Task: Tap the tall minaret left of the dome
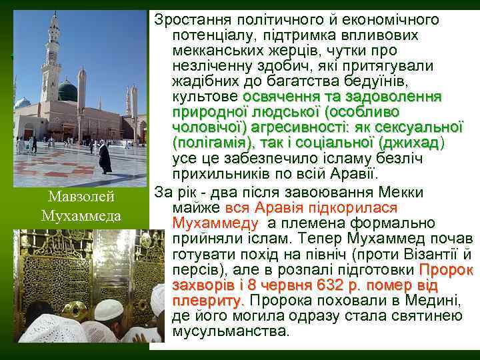tap(51, 57)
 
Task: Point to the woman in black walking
tap(105, 158)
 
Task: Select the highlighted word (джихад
tap(408, 143)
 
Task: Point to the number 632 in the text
tap(335, 285)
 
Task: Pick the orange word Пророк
tap(446, 270)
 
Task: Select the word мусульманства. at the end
tap(231, 331)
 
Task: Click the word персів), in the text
tap(195, 270)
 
